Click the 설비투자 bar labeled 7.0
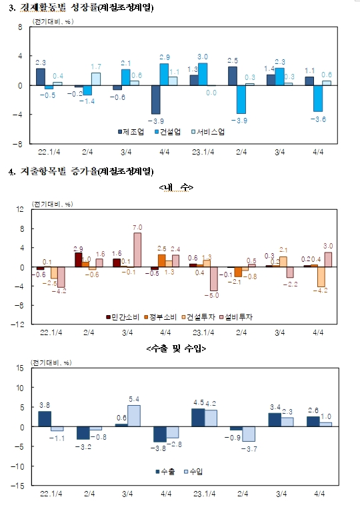[137, 250]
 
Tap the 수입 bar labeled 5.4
[133, 416]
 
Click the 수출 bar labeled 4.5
[198, 418]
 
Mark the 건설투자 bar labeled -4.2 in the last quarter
[321, 277]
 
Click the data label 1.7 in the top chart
[96, 67]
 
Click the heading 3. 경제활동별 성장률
[80, 8]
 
